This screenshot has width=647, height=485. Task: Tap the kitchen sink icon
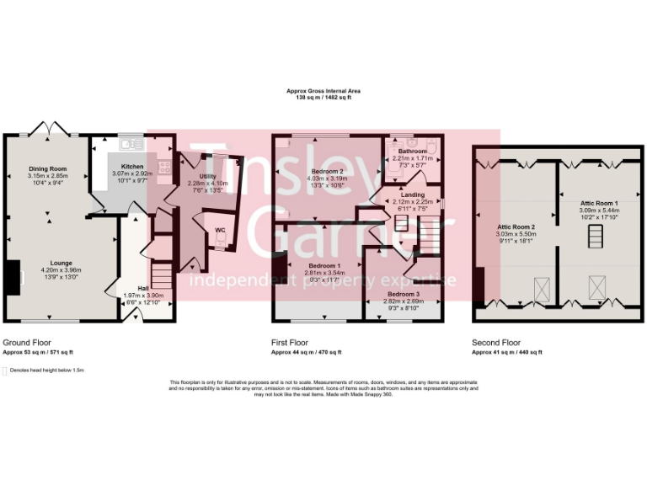[137, 145]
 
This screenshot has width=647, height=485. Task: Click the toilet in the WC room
[220, 241]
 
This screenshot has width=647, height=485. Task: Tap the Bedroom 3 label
[402, 293]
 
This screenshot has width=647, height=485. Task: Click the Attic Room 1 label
[599, 204]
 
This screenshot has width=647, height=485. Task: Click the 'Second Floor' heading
[496, 343]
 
